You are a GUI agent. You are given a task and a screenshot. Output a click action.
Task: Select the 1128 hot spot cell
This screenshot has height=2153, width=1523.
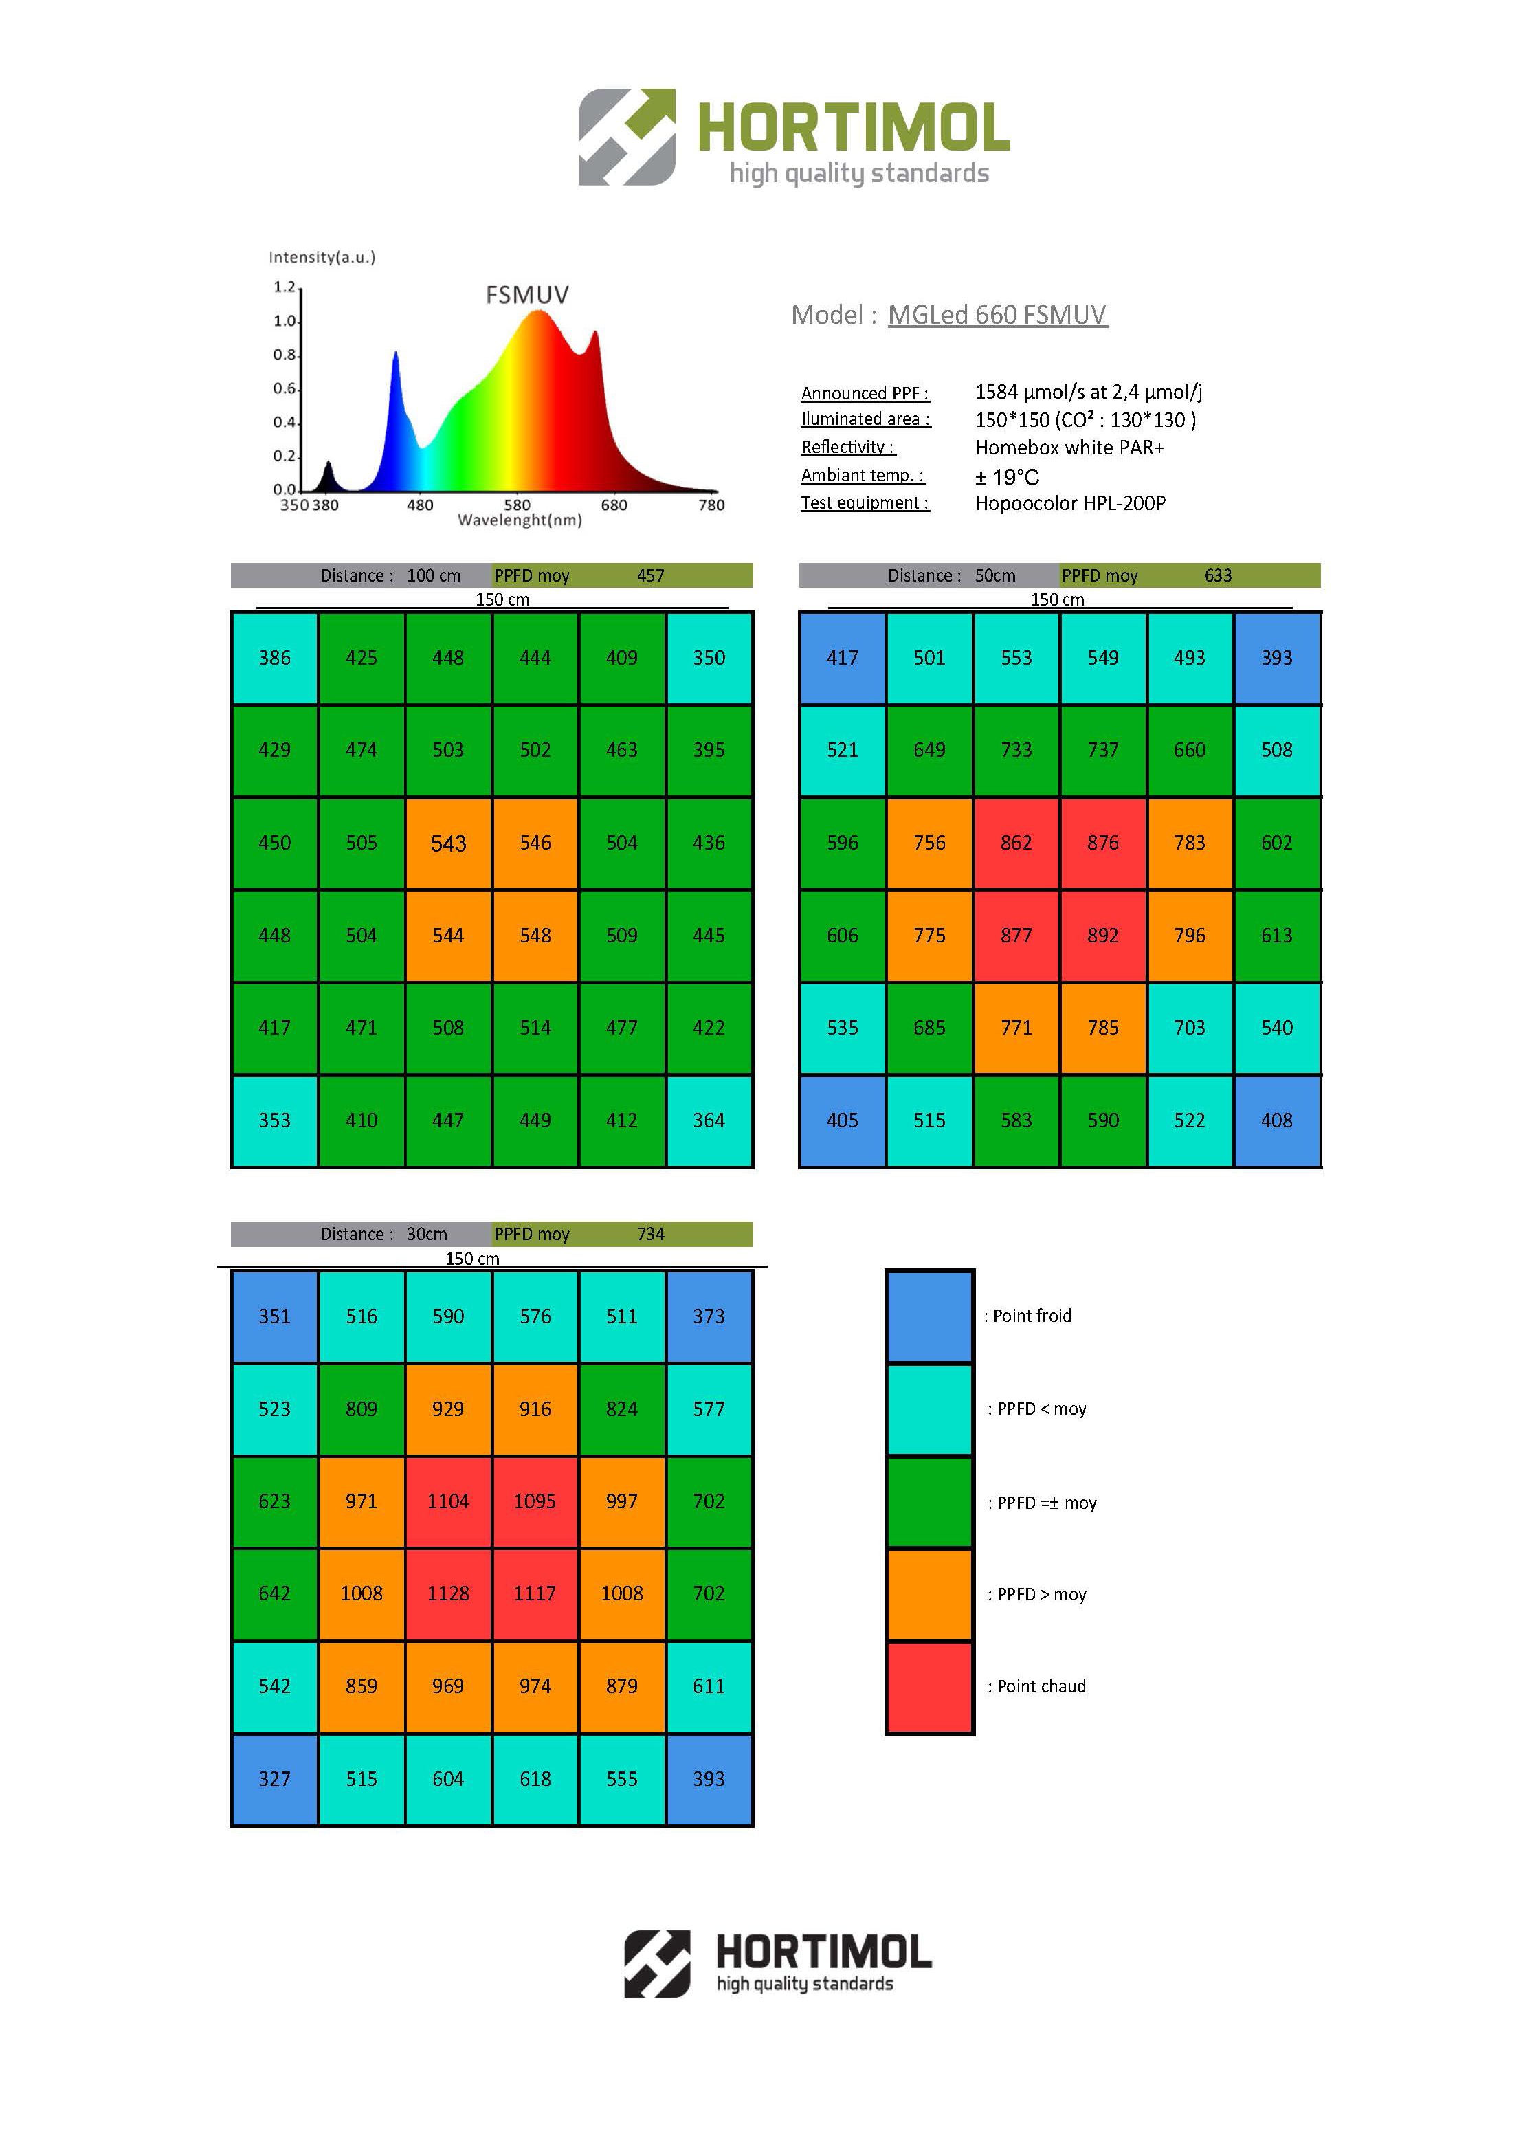[x=447, y=1593]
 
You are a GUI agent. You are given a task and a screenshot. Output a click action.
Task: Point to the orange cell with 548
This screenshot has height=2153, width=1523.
[x=535, y=936]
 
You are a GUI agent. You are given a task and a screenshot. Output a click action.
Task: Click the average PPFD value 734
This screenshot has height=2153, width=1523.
[x=650, y=1234]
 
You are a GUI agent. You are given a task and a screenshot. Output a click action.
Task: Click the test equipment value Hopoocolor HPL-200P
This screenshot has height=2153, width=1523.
[x=1070, y=503]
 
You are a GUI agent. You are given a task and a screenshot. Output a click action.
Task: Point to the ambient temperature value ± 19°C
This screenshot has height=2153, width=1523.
[x=1006, y=476]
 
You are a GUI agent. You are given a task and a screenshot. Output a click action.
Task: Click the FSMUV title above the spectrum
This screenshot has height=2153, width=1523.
[x=526, y=295]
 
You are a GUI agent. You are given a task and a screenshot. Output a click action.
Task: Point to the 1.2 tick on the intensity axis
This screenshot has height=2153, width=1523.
[x=284, y=287]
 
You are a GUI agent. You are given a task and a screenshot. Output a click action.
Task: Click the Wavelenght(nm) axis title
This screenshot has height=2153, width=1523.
[x=520, y=520]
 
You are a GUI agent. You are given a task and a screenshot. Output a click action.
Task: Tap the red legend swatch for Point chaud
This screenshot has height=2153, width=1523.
[x=929, y=1686]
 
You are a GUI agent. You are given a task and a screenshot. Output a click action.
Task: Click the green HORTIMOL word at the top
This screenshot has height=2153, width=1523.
[x=854, y=128]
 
